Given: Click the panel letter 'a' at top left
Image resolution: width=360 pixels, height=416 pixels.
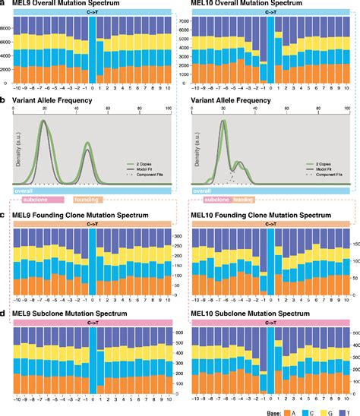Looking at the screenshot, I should click(4, 4).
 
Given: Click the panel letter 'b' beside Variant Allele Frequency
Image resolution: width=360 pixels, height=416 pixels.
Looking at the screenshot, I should click(4, 99).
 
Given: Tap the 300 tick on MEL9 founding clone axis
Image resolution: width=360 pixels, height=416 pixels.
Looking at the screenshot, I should click(176, 238).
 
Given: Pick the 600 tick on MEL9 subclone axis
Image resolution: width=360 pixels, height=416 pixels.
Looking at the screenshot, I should click(176, 333).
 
